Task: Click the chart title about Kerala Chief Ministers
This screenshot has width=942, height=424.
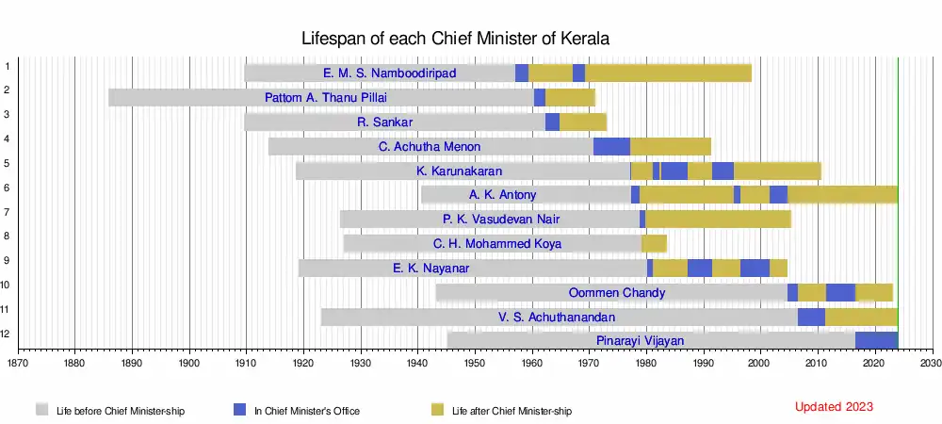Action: click(456, 39)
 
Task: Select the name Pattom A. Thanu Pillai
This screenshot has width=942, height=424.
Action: click(326, 97)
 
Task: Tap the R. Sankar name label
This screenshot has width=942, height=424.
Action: click(385, 122)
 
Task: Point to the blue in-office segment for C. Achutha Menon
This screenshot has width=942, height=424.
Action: click(611, 146)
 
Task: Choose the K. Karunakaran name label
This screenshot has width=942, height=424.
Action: click(459, 171)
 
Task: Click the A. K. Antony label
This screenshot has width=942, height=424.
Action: click(503, 195)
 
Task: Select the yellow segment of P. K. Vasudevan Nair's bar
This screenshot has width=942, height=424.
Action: click(718, 220)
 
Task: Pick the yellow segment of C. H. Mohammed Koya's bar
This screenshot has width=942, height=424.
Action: click(654, 243)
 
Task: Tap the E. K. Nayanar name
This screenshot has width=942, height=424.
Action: click(431, 268)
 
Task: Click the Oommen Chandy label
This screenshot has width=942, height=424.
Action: click(617, 292)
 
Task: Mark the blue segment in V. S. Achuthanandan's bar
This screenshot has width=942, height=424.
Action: click(811, 317)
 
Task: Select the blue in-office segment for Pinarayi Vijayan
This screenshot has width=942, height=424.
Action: click(876, 340)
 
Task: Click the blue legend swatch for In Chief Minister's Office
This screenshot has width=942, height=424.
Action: click(240, 409)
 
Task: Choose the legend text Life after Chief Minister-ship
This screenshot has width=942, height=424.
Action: click(512, 411)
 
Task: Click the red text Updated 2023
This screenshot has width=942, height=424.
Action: click(834, 407)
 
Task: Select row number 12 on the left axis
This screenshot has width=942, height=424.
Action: click(7, 333)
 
